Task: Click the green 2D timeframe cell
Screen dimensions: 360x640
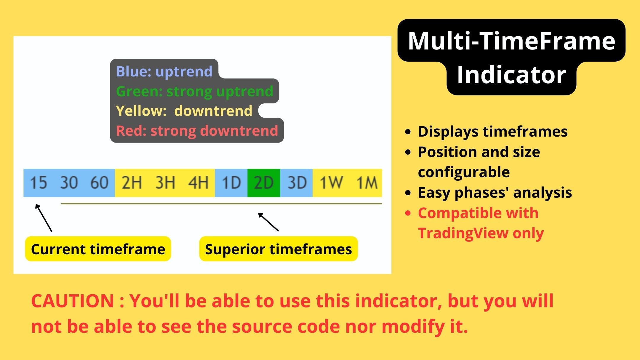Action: (x=263, y=183)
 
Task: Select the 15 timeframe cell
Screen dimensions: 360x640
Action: (x=39, y=183)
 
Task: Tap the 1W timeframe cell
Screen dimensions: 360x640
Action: (x=331, y=183)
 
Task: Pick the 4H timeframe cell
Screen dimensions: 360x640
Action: (x=198, y=183)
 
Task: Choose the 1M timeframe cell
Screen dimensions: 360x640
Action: (x=367, y=183)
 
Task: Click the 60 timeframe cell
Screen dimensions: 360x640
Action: (x=99, y=183)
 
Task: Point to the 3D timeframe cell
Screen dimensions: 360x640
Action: (x=297, y=183)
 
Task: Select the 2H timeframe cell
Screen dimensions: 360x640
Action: (x=132, y=183)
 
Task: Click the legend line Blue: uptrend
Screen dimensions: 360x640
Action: (x=164, y=71)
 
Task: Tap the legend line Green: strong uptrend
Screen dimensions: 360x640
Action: (x=194, y=91)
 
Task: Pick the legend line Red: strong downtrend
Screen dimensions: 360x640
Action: (x=197, y=131)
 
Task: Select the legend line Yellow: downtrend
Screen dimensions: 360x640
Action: (x=184, y=111)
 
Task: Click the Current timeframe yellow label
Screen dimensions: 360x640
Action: (x=98, y=249)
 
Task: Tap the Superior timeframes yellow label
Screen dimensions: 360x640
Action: (x=278, y=249)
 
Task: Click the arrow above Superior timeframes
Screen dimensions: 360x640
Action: (x=268, y=222)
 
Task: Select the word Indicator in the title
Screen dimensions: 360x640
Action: (x=511, y=75)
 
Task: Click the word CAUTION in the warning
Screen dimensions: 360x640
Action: (x=73, y=301)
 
